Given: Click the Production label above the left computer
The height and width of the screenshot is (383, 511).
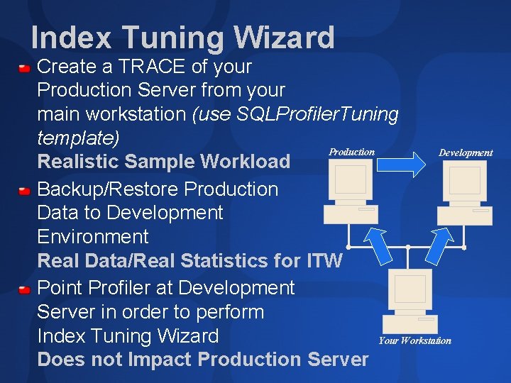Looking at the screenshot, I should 351,152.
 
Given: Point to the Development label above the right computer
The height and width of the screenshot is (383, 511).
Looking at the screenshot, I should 465,152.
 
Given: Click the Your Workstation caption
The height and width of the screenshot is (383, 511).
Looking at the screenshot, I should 414,340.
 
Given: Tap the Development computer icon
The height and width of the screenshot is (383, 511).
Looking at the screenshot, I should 464,193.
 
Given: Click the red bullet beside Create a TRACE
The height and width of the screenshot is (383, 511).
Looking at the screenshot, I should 25,68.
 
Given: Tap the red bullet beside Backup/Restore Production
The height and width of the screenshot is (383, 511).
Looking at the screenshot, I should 25,190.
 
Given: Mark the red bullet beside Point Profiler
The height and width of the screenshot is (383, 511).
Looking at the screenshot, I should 25,289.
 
